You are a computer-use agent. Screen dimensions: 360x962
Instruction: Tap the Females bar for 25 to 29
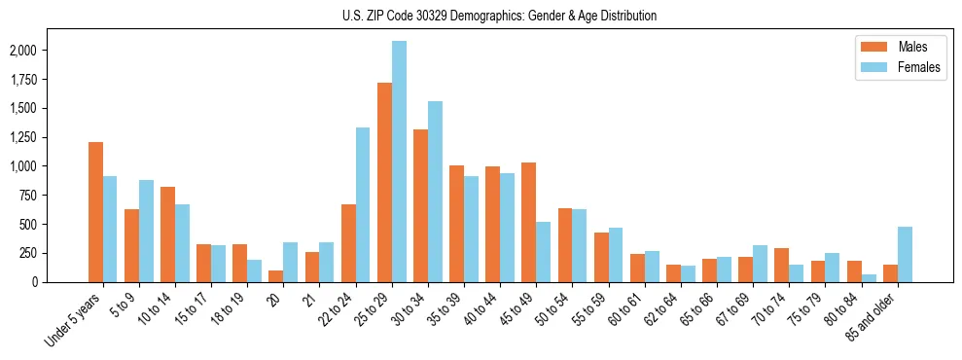399,162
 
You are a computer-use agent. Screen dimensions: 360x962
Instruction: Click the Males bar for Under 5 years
95,212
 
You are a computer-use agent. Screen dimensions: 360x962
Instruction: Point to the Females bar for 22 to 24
363,204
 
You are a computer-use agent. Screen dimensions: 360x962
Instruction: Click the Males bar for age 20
276,276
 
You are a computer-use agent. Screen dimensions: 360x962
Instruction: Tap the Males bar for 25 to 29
384,182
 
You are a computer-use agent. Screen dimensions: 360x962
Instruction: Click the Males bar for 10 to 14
167,234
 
